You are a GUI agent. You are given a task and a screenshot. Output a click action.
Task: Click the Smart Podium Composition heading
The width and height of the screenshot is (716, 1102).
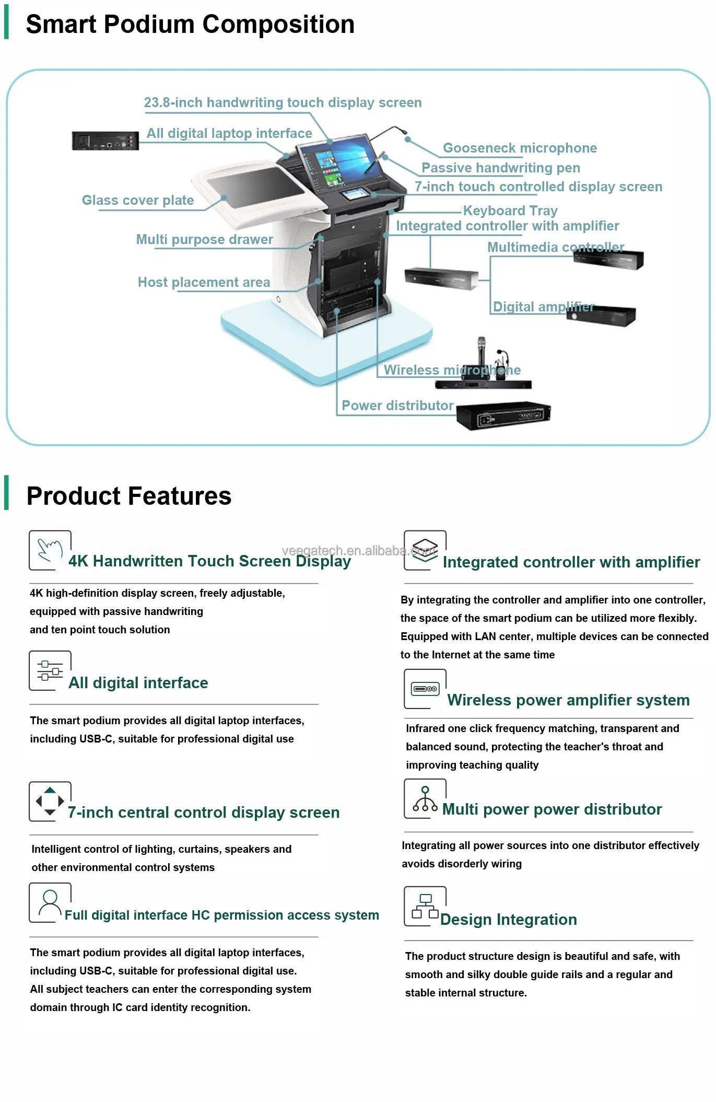pos(190,25)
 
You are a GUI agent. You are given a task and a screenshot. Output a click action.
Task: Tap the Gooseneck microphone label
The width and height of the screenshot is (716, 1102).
pos(519,148)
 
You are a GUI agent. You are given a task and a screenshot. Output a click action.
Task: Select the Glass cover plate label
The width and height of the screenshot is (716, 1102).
pos(138,200)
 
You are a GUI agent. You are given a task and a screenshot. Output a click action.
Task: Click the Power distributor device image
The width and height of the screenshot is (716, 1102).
pos(503,415)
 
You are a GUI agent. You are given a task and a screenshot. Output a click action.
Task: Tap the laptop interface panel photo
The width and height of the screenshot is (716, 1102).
pos(105,141)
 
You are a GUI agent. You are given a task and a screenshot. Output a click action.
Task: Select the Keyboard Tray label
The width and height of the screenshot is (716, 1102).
pos(510,211)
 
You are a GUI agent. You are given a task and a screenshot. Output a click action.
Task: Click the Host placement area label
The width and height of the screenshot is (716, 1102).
pos(204,282)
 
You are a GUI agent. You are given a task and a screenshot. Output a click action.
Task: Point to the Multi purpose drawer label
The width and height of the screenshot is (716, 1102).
pos(204,239)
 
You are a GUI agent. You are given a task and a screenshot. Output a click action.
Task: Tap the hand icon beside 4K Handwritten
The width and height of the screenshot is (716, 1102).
pos(50,550)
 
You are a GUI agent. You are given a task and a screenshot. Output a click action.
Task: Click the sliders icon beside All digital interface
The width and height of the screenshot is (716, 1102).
pos(50,670)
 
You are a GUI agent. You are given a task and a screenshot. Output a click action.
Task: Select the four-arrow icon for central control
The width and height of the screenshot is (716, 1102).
pos(50,801)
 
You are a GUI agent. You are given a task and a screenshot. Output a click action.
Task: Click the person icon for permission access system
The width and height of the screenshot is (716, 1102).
pos(50,902)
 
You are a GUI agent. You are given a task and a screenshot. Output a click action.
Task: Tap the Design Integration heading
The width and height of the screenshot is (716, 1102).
pos(508,920)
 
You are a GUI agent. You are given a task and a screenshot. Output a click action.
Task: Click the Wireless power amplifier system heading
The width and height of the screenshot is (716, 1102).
pos(568,700)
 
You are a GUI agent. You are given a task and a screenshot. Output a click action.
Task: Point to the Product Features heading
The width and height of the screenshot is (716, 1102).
pos(129,496)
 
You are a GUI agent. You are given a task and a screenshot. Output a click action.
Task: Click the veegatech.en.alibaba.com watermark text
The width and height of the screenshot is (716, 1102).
pos(358,550)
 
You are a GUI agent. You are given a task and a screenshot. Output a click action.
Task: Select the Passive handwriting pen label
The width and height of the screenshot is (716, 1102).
pos(500,168)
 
